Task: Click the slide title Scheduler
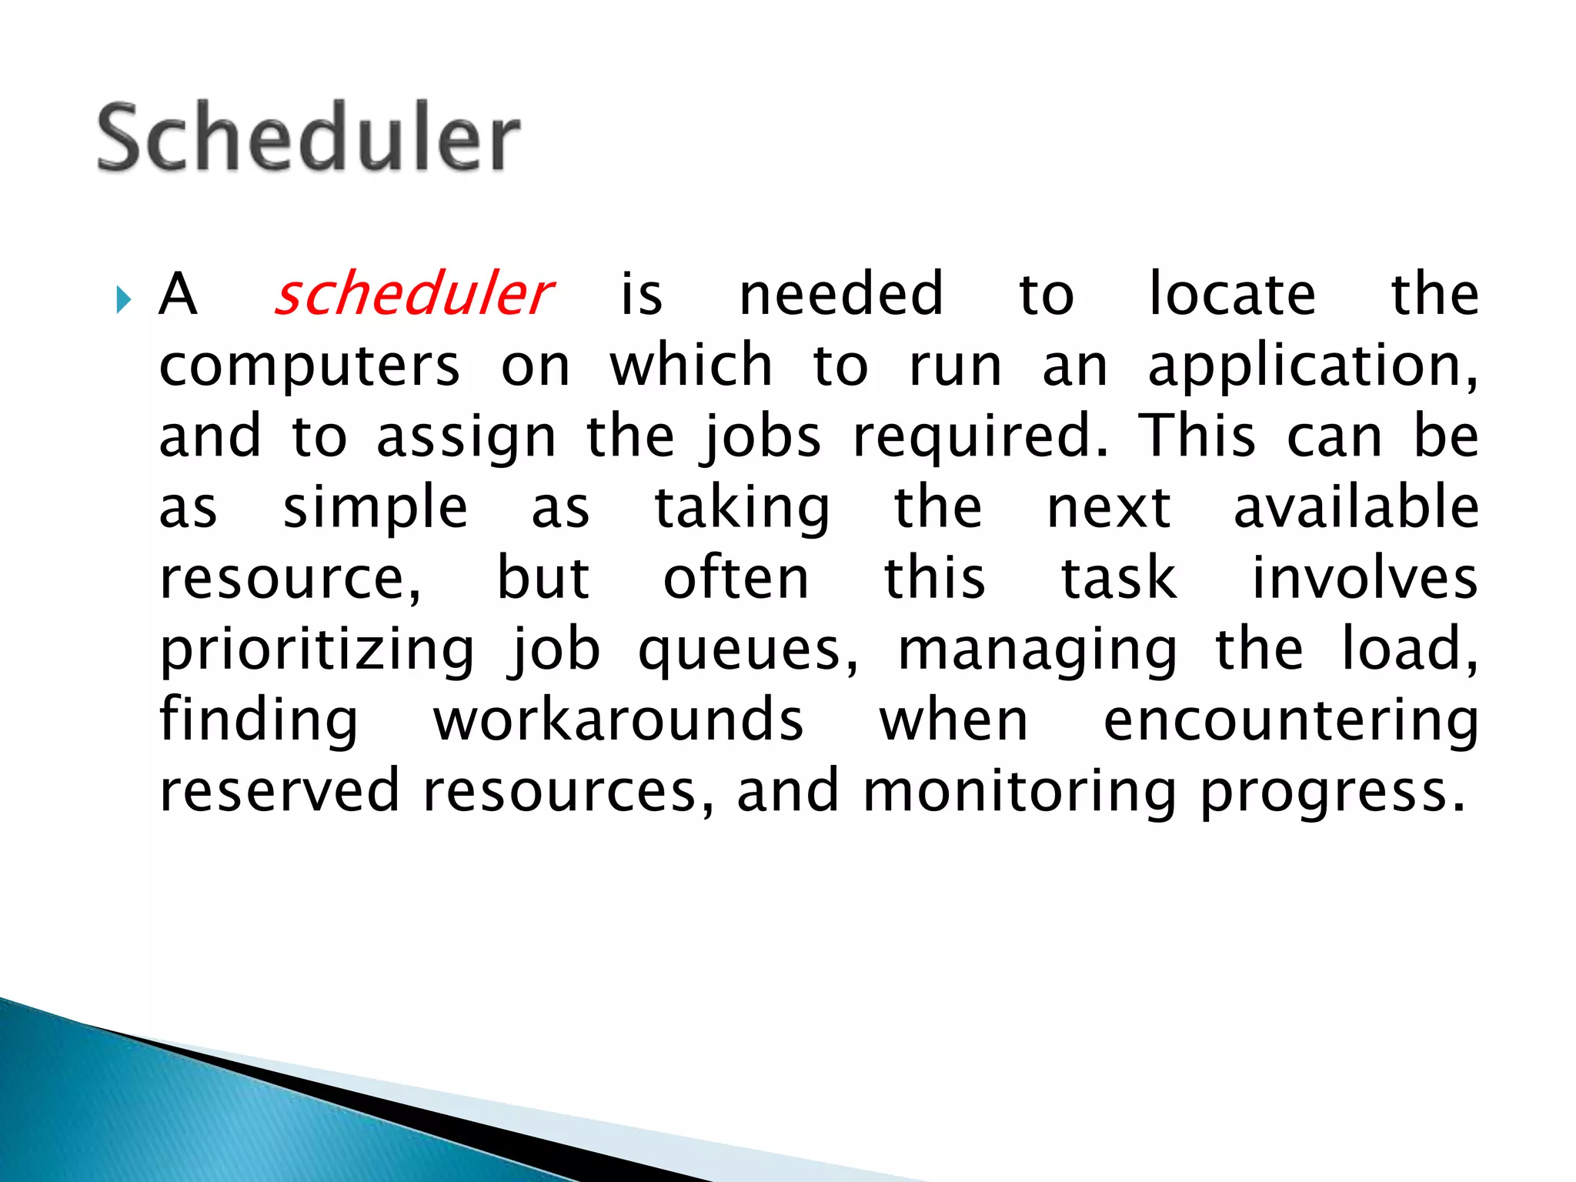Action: click(309, 139)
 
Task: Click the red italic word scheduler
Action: click(413, 295)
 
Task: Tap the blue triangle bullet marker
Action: click(124, 299)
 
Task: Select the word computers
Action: click(309, 368)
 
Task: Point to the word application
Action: click(1311, 368)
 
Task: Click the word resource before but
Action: click(289, 579)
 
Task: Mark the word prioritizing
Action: click(317, 651)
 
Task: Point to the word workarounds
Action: click(618, 720)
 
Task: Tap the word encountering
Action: click(1291, 722)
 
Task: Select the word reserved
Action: click(279, 791)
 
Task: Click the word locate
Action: click(1232, 295)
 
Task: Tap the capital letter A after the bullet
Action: click(178, 295)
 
